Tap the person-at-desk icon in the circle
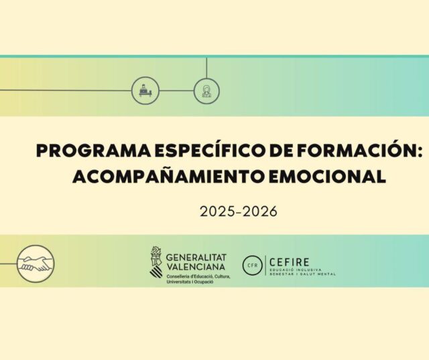pos(145,90)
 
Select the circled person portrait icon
pos(206,90)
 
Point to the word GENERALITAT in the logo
pos(196,257)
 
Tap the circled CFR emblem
pos(253,265)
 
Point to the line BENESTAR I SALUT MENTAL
pos(302,274)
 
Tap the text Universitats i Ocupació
pos(190,283)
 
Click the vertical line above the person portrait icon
pos(206,68)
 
